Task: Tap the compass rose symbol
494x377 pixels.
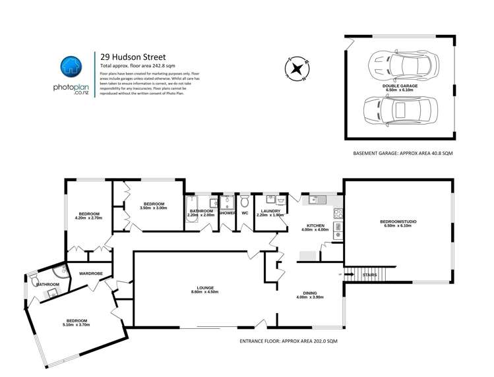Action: tap(297, 68)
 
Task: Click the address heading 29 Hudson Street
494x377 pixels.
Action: tap(128, 57)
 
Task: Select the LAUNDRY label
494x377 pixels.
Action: tap(271, 211)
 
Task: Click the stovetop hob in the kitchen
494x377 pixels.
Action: tap(338, 214)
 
